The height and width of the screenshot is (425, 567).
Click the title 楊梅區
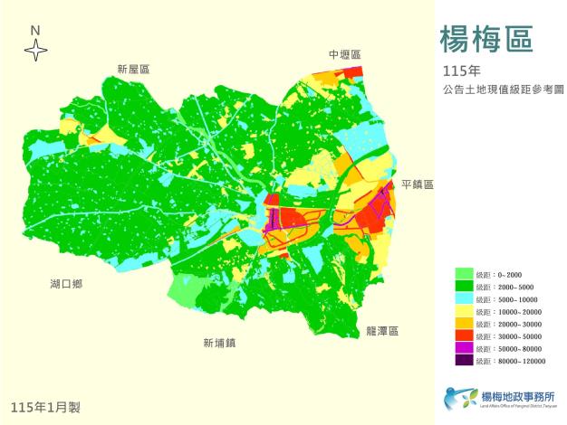point(485,39)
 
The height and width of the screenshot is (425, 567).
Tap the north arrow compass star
point(35,51)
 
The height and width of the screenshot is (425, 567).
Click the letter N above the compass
point(35,30)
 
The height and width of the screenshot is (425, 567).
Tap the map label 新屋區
point(132,70)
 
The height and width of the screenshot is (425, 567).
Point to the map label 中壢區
point(344,55)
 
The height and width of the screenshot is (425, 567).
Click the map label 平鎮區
point(418,184)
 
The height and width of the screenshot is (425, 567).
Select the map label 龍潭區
point(382,331)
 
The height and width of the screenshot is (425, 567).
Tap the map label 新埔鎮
point(219,343)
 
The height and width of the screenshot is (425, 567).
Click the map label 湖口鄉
point(66,284)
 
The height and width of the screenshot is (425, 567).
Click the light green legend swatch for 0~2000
point(463,274)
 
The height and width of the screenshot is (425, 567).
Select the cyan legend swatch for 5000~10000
point(463,299)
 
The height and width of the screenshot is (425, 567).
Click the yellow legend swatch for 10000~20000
point(463,311)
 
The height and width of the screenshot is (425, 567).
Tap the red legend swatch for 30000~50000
point(463,336)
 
